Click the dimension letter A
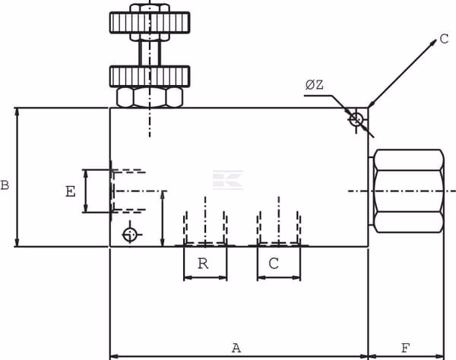(x=236, y=348)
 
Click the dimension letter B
(x=5, y=185)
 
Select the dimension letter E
(x=71, y=191)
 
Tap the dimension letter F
(x=405, y=348)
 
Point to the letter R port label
(x=203, y=264)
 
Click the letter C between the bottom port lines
(x=274, y=264)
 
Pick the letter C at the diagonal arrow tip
(x=444, y=39)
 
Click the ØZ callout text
(x=315, y=85)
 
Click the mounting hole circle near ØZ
(x=356, y=119)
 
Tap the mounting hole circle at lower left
(x=130, y=235)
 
